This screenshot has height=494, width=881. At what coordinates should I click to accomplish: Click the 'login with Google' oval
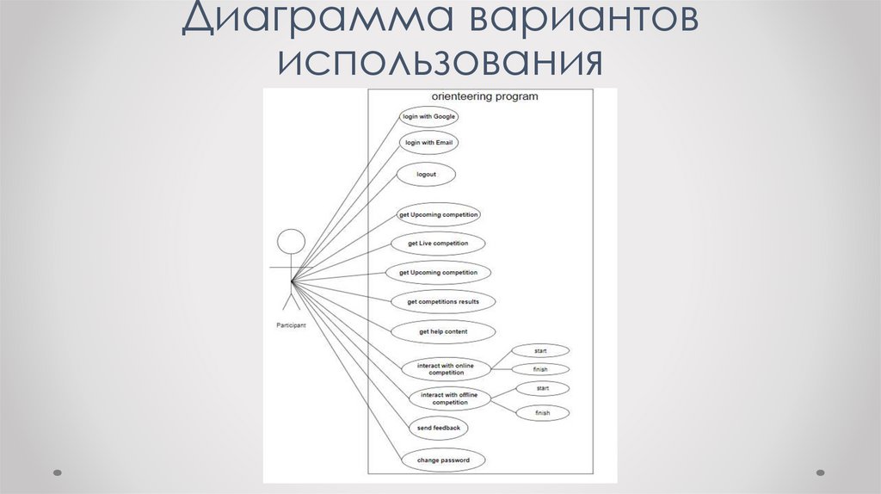point(429,116)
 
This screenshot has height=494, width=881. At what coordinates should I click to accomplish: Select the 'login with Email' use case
point(428,142)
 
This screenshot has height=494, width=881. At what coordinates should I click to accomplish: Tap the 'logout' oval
point(426,174)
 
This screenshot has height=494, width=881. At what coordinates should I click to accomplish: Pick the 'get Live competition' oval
point(439,244)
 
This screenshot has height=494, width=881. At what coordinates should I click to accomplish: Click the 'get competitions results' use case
point(443,302)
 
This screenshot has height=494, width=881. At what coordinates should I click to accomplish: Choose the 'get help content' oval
point(443,331)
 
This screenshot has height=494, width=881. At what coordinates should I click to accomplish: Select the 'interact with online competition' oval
point(446,368)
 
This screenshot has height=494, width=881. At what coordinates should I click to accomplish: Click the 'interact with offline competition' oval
point(450,398)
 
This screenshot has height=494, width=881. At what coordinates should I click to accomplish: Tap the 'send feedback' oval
point(438,428)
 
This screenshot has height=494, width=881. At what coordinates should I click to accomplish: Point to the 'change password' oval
point(443,460)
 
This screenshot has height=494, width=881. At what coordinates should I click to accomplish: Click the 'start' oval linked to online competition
point(541,350)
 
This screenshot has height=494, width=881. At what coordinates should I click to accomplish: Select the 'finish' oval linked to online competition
point(540,369)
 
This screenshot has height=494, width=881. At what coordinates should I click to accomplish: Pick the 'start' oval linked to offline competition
point(543,389)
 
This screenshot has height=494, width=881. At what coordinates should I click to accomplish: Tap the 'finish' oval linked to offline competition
point(542,413)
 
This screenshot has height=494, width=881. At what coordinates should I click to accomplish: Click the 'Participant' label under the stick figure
point(291,325)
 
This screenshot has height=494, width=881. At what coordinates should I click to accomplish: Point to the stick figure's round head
point(292,242)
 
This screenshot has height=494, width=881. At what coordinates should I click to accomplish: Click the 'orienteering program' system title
point(484,96)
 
